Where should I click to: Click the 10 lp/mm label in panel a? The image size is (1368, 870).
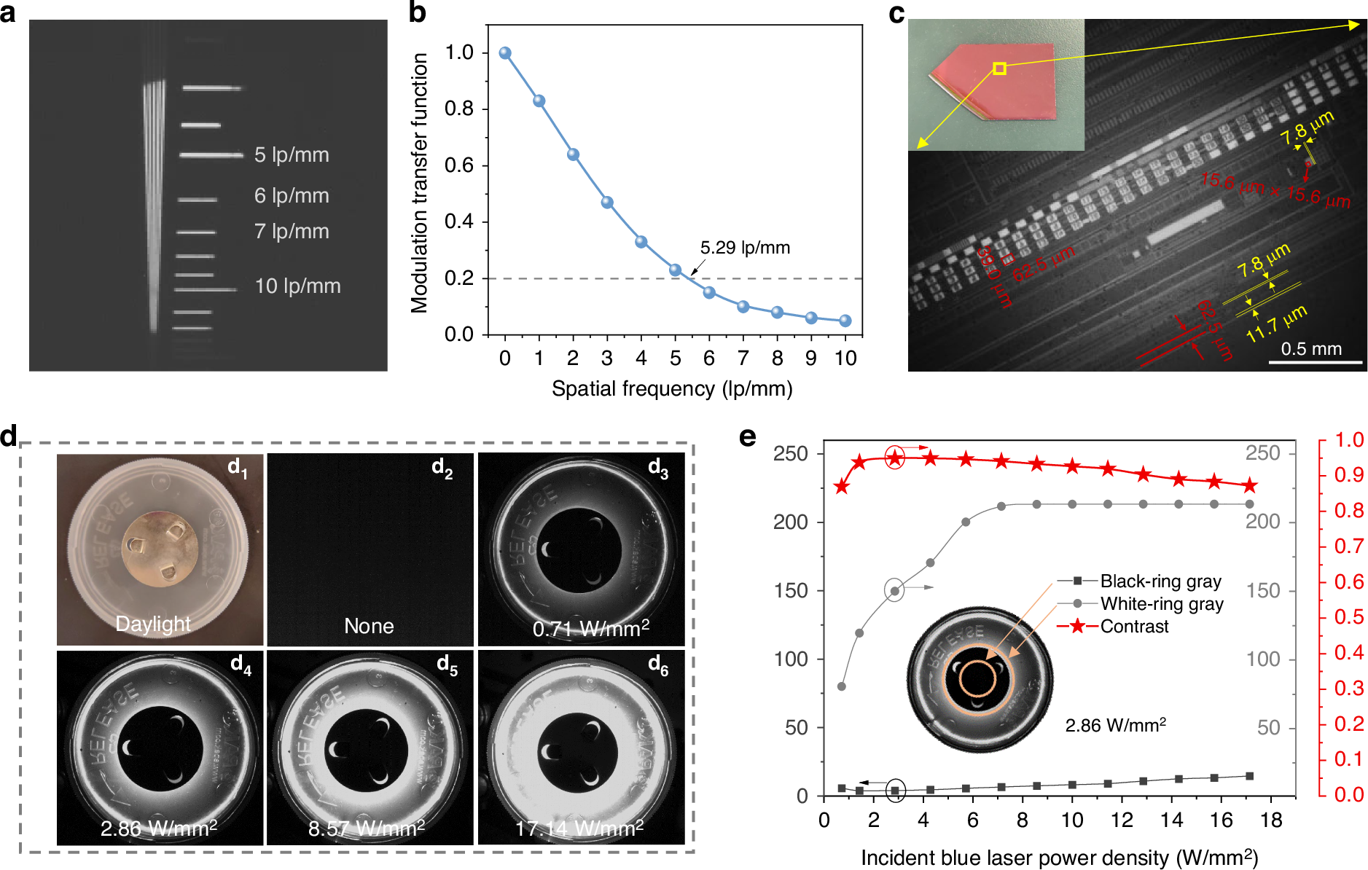click(x=297, y=286)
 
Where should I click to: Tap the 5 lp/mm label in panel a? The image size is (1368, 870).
click(x=292, y=154)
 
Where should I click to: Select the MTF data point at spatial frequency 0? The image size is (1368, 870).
click(x=505, y=53)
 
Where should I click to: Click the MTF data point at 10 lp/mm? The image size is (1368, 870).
click(x=845, y=321)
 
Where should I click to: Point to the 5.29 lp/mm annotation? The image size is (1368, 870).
click(x=745, y=248)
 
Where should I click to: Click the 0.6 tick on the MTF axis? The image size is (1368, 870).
click(x=459, y=165)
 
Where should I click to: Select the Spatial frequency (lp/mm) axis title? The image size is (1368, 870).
click(x=672, y=388)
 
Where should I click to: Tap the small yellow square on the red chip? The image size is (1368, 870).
click(x=1000, y=68)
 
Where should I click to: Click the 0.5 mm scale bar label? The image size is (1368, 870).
click(x=1311, y=348)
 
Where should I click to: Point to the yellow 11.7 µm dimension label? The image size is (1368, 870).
click(x=1276, y=324)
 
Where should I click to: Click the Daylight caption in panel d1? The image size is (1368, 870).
click(x=153, y=624)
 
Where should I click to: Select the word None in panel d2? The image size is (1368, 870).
click(x=369, y=626)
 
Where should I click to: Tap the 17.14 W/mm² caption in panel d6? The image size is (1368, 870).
click(x=579, y=828)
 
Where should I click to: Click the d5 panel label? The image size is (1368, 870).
click(x=446, y=665)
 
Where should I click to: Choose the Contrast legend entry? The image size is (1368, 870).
click(x=1134, y=627)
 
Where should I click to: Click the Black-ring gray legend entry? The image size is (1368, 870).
click(x=1160, y=581)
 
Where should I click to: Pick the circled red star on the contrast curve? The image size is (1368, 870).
click(x=895, y=458)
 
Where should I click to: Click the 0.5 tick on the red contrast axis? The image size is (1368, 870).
click(x=1349, y=617)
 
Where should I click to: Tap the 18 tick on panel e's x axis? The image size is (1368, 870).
click(x=1271, y=820)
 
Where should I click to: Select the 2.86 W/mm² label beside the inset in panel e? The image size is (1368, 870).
click(x=1116, y=726)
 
